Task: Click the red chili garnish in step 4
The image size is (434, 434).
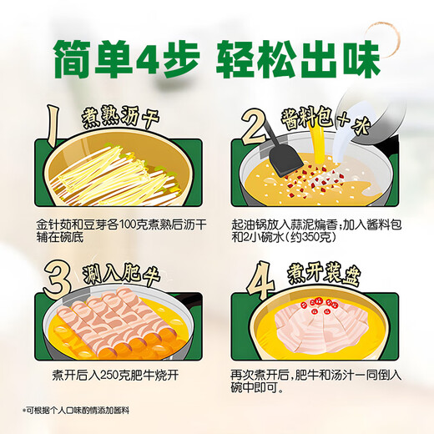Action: pyautogui.click(x=321, y=303)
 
